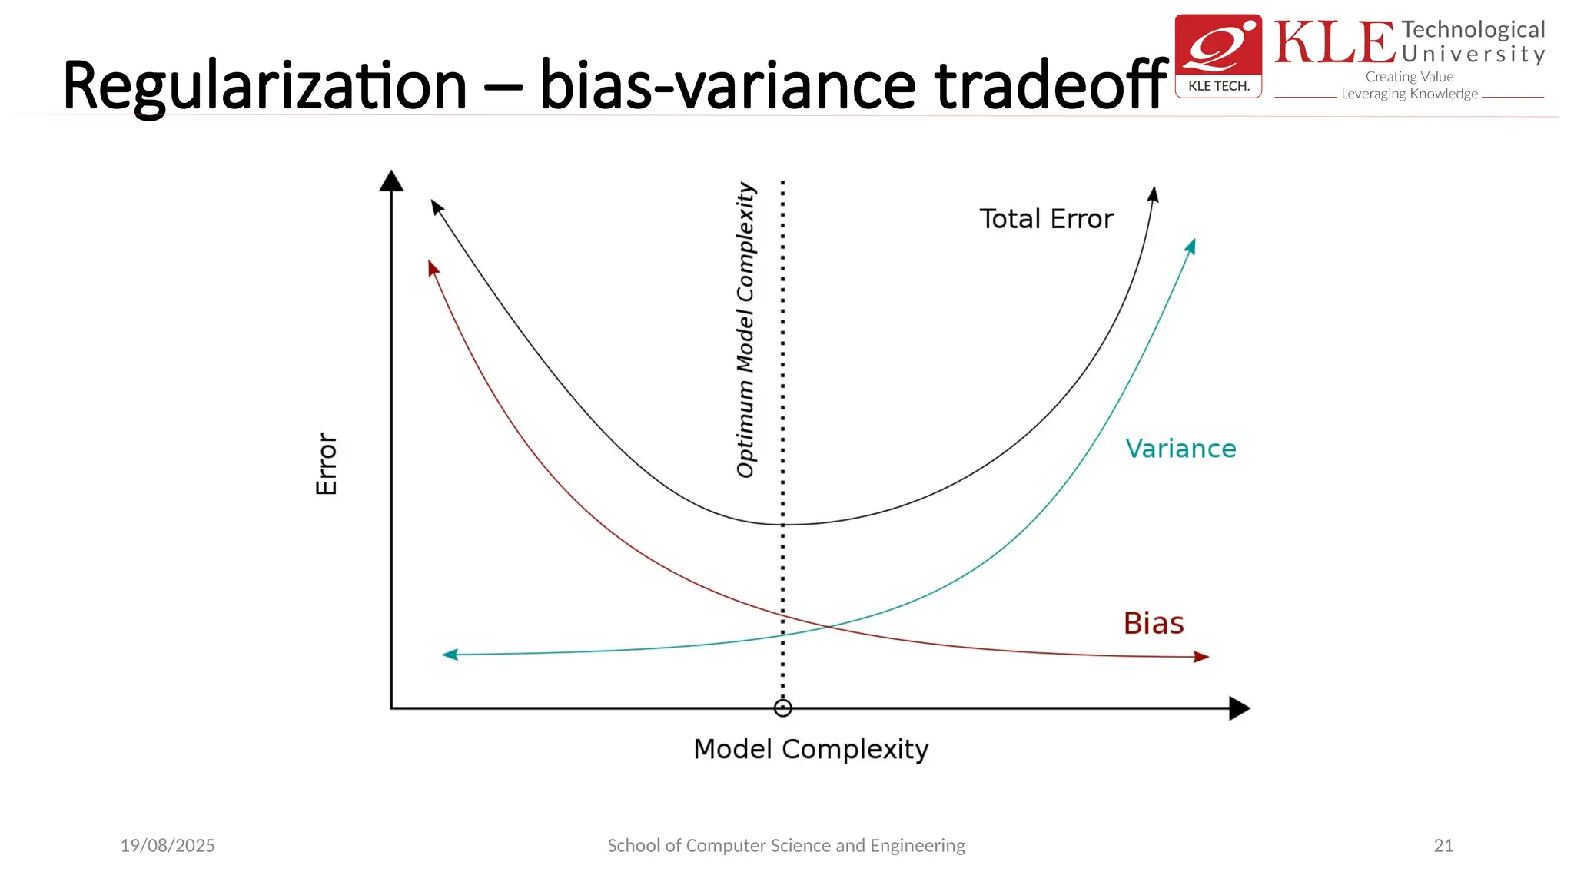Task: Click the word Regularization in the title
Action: click(264, 86)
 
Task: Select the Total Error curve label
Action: click(1046, 219)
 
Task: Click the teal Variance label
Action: click(1180, 449)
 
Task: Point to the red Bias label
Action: click(1154, 623)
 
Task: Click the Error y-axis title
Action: click(327, 463)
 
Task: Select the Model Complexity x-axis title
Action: click(811, 749)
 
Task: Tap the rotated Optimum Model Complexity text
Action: click(745, 330)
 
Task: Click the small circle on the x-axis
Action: click(782, 708)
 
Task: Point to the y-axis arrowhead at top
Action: click(391, 181)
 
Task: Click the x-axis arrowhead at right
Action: click(1238, 708)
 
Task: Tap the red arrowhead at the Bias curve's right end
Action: click(1200, 657)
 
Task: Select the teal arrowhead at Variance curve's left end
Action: click(450, 655)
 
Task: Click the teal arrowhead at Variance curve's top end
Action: click(1190, 247)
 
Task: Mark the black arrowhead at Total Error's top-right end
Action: click(1153, 194)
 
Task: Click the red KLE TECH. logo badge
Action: click(1218, 56)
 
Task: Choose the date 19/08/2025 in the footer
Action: click(168, 846)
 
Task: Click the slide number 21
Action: click(1443, 846)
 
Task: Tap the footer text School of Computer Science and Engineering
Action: click(786, 846)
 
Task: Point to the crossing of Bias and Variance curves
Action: click(827, 628)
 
